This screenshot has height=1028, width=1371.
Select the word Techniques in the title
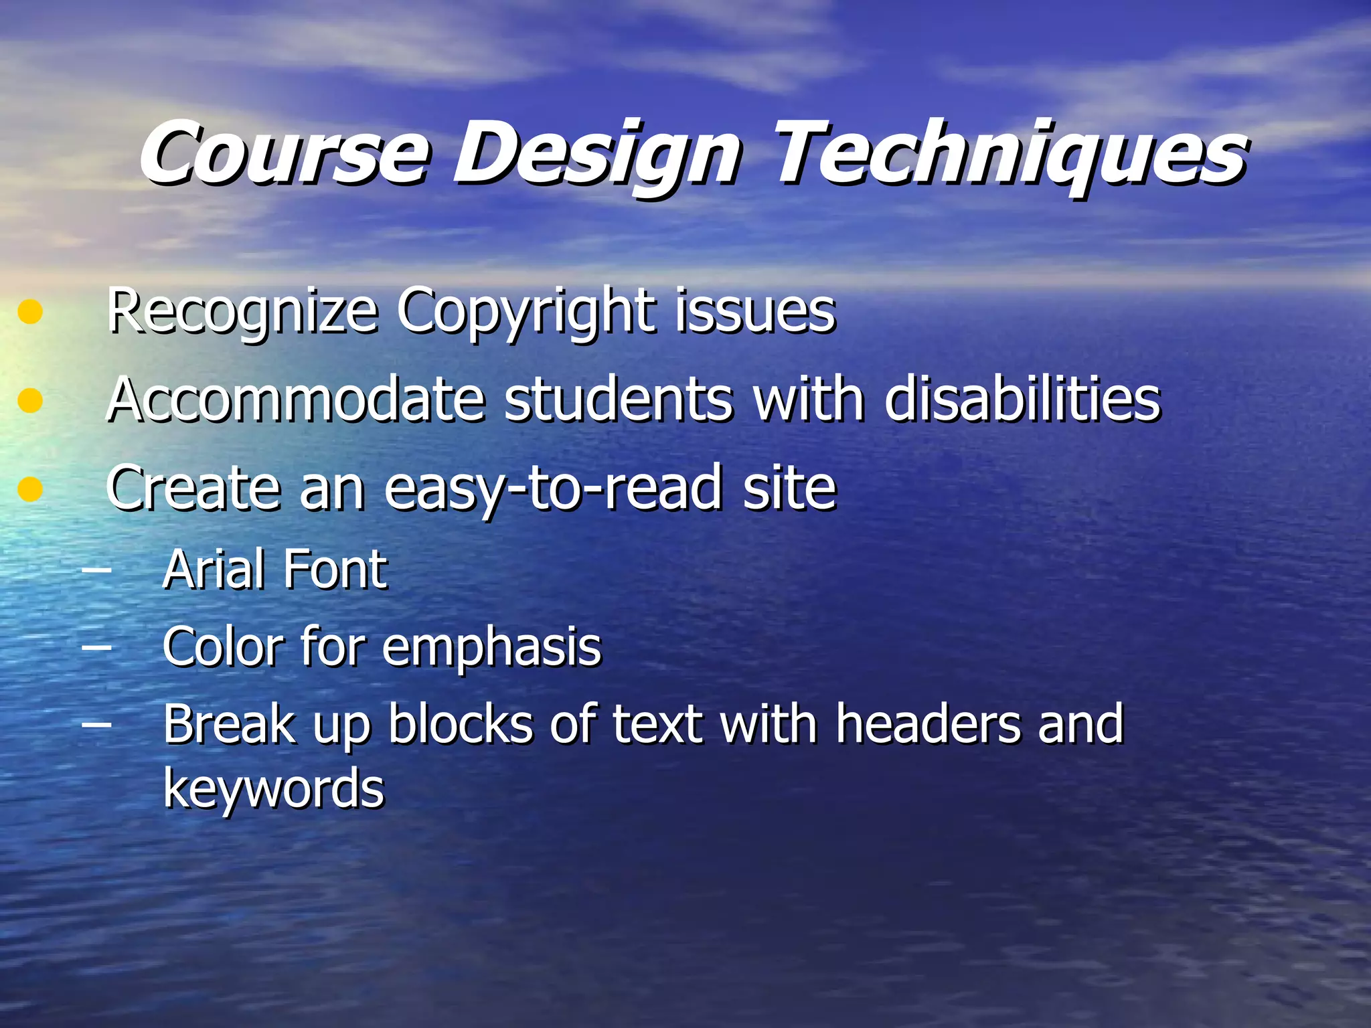[x=1011, y=153]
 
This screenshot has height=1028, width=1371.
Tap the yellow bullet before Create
[x=30, y=489]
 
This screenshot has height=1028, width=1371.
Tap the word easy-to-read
[x=553, y=489]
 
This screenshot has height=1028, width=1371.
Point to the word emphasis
[x=492, y=648]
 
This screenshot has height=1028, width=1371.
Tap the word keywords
[x=274, y=788]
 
